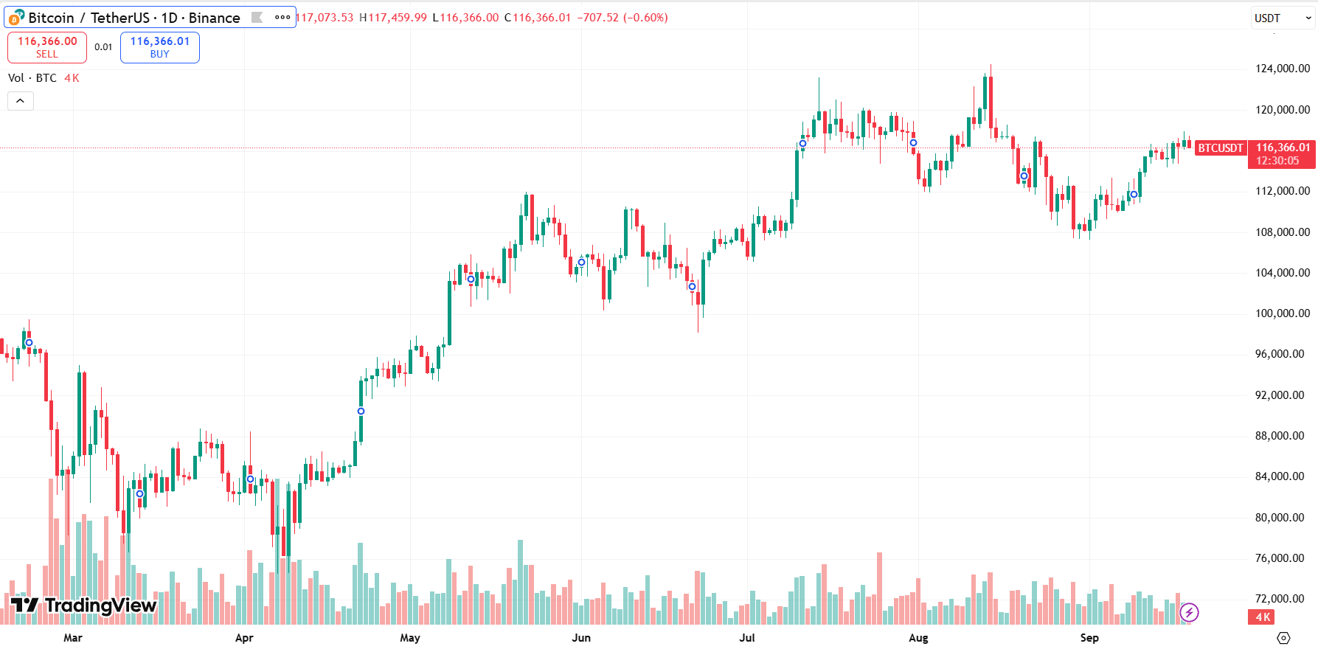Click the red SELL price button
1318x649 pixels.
47,47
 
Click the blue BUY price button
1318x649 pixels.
159,47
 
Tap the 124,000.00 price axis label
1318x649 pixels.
1282,69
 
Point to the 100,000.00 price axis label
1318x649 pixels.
1282,313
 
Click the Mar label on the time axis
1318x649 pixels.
73,638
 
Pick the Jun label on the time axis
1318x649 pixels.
581,638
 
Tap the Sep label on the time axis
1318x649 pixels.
1089,638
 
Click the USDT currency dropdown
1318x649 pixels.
1283,18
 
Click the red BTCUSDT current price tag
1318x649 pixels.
1220,148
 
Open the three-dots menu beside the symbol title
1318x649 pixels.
282,18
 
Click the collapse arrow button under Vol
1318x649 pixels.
21,101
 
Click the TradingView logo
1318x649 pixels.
83,605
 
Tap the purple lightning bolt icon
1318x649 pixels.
1189,612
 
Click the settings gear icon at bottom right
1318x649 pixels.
1283,638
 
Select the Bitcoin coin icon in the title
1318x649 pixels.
16,18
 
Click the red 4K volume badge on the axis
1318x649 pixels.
1263,617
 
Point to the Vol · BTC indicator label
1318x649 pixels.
32,78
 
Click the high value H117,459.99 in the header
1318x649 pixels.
393,18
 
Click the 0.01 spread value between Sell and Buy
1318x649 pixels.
103,47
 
